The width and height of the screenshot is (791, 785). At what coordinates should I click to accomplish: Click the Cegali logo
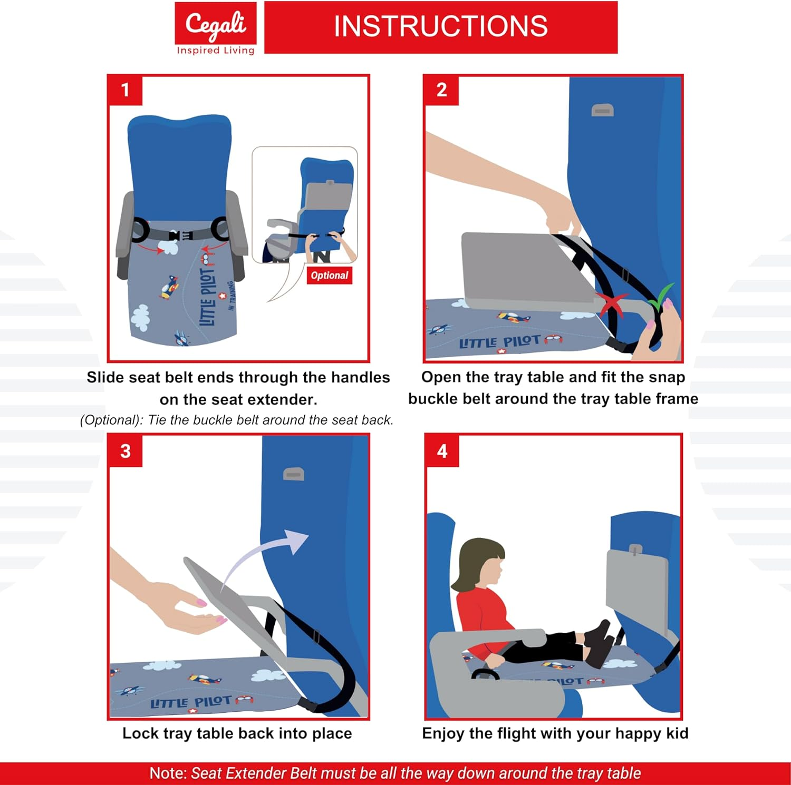[x=216, y=24]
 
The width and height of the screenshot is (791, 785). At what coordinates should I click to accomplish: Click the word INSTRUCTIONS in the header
[x=440, y=27]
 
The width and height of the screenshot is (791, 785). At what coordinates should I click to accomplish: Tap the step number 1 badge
[x=125, y=90]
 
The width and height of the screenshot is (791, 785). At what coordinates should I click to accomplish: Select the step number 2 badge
[x=441, y=90]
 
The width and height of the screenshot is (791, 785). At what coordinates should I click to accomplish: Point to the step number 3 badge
[x=125, y=451]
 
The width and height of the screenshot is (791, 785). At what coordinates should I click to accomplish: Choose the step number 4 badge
[x=442, y=451]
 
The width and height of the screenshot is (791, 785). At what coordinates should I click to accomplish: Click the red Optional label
[x=329, y=276]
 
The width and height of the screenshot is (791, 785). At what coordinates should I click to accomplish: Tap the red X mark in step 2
[x=611, y=305]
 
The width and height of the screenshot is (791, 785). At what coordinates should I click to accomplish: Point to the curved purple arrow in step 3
[x=264, y=553]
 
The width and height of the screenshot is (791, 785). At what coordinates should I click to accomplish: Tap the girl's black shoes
[x=599, y=643]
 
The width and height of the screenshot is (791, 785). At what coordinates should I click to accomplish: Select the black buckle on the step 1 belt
[x=180, y=235]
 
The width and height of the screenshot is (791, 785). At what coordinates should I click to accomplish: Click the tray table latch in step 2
[x=602, y=111]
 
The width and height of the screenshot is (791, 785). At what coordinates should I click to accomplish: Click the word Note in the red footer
[x=167, y=773]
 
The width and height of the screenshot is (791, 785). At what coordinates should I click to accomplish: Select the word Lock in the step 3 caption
[x=140, y=733]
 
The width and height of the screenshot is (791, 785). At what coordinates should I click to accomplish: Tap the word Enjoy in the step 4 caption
[x=443, y=733]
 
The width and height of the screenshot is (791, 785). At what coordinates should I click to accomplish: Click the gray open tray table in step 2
[x=522, y=266]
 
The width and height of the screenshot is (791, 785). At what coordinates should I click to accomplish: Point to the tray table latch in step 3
[x=293, y=474]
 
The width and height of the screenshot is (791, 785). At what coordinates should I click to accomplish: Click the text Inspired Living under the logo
[x=216, y=51]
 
